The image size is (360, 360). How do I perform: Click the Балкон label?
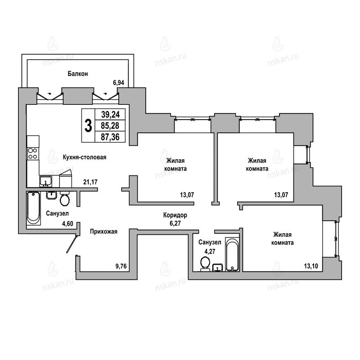[77, 74]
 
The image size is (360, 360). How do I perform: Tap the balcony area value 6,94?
[118, 83]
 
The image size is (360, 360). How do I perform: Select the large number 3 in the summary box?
[88, 126]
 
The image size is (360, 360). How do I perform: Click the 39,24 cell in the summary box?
[110, 114]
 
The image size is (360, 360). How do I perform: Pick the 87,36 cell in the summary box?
[110, 137]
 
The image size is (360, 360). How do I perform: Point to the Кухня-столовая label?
[85, 157]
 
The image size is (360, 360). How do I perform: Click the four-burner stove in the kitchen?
[33, 153]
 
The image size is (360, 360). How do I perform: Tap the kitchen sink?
[46, 181]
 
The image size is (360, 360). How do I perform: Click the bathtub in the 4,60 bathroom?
[33, 208]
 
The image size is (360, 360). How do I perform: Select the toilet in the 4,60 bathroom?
[65, 198]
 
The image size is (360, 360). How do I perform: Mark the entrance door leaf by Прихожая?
[72, 244]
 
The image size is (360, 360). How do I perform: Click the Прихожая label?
[103, 231]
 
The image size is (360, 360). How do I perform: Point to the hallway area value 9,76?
[121, 266]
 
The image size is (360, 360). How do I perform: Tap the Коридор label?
[175, 215]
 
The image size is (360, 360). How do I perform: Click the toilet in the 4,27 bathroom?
[205, 264]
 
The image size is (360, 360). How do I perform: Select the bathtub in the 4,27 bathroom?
[232, 254]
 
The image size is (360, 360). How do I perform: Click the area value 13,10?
[311, 266]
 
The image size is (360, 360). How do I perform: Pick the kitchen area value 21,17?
[90, 182]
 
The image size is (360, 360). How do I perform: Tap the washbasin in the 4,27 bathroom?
[217, 268]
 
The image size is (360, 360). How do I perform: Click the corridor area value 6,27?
[175, 223]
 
